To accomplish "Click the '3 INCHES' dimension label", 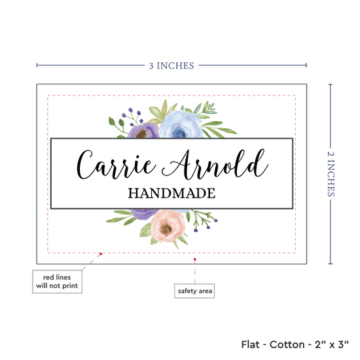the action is (x=171, y=65).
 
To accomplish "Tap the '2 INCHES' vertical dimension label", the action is (x=331, y=174).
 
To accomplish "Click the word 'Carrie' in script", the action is (x=117, y=164).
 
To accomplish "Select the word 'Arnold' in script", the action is (x=215, y=164).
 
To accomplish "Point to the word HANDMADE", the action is (x=171, y=193).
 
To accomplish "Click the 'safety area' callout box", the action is (x=194, y=291).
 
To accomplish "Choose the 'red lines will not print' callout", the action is (x=57, y=281).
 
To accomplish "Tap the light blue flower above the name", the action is (x=181, y=124).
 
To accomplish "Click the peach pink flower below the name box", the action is (x=168, y=226).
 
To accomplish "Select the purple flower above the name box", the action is (x=143, y=131).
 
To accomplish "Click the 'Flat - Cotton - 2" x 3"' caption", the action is (x=295, y=344).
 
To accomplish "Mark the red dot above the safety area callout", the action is (x=194, y=259).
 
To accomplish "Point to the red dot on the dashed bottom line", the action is (x=101, y=254).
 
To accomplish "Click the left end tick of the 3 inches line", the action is (x=37, y=65).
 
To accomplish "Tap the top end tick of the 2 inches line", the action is (x=331, y=84).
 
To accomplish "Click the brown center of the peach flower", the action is (x=166, y=229).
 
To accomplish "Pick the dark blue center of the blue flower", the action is (x=179, y=133).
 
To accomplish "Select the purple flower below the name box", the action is (x=144, y=214).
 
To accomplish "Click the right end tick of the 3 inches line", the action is (x=306, y=65).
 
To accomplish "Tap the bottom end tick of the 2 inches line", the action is (x=331, y=264).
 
